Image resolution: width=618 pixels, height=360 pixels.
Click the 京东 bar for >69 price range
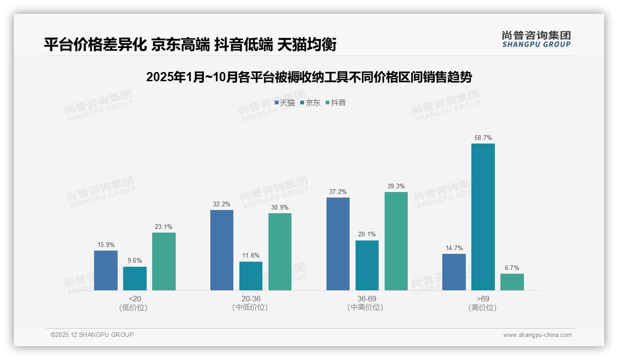pos(483,216)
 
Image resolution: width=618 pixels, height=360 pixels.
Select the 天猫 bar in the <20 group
pos(106,270)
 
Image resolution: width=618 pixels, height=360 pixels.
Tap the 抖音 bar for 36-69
pos(396,241)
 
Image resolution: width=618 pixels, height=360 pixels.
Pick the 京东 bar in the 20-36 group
pos(251,276)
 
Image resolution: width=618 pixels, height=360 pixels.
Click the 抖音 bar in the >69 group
pos(512,282)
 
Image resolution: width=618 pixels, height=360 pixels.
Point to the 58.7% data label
pos(483,138)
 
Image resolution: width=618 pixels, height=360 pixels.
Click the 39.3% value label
pos(396,186)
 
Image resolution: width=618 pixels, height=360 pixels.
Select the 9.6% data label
pos(135,261)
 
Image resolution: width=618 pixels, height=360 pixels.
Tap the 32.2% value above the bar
pos(222,204)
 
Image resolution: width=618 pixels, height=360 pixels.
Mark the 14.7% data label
pos(454,248)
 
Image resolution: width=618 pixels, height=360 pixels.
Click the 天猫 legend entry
pos(285,102)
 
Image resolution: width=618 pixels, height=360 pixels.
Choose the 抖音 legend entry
pos(336,102)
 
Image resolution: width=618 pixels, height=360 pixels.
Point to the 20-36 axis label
pos(250,299)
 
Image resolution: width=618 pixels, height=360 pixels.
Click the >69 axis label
pos(483,299)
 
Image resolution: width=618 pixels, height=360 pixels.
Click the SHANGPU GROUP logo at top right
pos(536,39)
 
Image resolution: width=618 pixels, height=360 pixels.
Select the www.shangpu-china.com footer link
pos(537,335)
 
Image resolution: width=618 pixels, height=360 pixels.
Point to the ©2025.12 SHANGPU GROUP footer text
pos(92,335)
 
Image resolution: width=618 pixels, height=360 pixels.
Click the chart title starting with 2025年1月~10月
pos(309,77)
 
